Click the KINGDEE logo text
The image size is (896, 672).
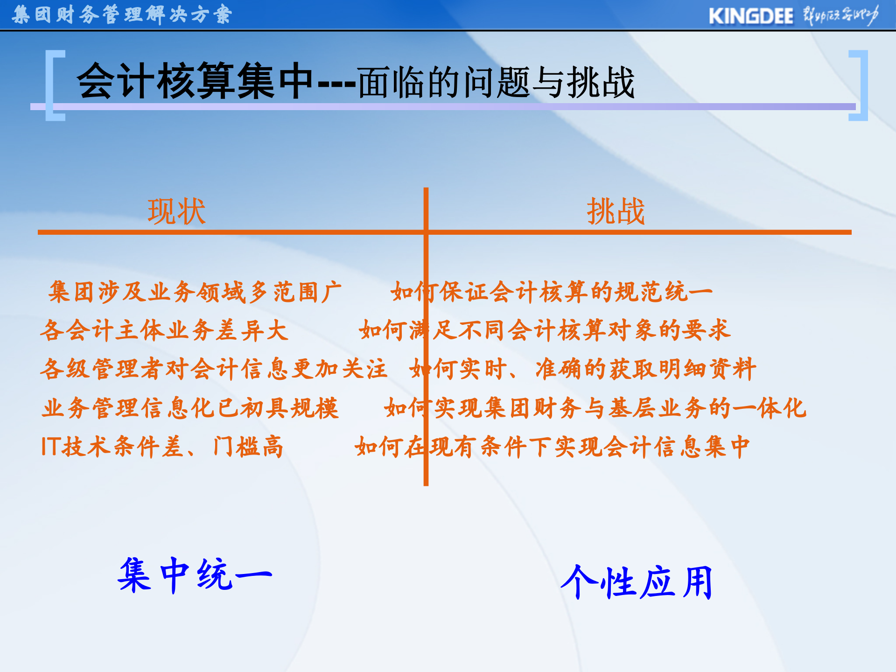tap(750, 16)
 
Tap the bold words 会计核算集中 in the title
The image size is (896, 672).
tap(195, 82)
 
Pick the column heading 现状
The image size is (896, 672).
tap(176, 211)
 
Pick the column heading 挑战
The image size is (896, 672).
tap(616, 211)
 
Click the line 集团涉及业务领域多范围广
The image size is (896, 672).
tap(195, 292)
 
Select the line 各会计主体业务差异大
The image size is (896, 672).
tap(164, 330)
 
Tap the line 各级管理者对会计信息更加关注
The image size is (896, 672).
tap(214, 369)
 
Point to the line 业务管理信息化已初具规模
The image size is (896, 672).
tap(190, 408)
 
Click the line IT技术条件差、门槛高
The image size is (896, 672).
tap(162, 447)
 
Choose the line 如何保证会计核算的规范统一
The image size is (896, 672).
tap(552, 292)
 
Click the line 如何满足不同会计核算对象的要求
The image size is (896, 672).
tap(544, 330)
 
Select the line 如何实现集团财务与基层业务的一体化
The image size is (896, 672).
tap(595, 408)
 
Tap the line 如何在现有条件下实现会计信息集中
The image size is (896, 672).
tap(552, 447)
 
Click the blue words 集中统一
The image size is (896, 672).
tap(195, 575)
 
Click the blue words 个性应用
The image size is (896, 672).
tap(637, 582)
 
